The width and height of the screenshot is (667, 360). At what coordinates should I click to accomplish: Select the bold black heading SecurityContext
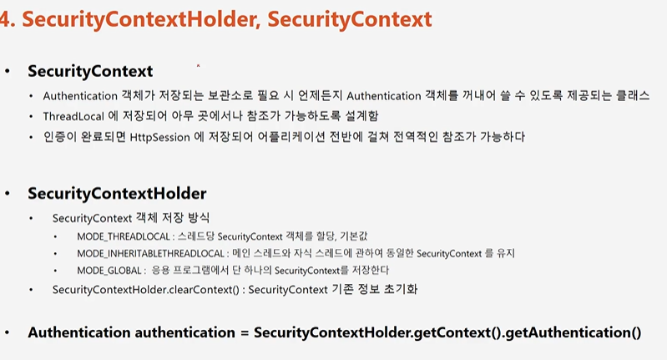click(90, 71)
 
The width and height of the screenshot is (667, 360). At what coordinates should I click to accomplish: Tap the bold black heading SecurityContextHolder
click(117, 194)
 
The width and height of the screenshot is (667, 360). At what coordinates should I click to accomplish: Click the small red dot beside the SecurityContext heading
click(198, 65)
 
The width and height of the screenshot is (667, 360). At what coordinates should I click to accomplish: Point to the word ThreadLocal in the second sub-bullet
click(73, 116)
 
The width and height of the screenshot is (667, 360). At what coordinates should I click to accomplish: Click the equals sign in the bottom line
click(245, 332)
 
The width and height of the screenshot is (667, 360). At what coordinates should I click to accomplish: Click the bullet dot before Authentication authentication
click(8, 332)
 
